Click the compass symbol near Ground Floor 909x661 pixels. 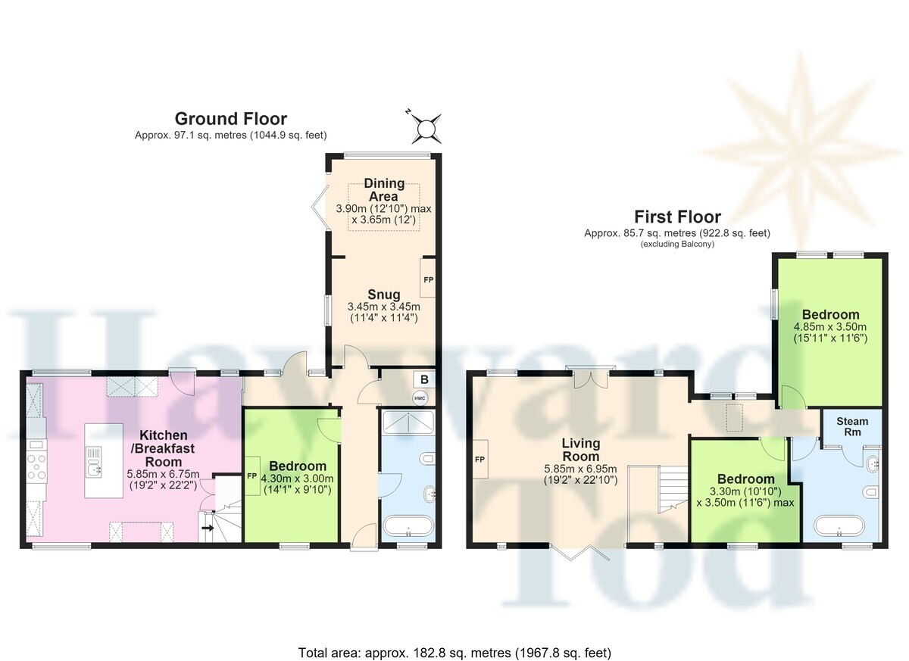[x=426, y=129]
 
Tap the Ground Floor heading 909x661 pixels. [x=231, y=119]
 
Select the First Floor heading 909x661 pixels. [x=677, y=217]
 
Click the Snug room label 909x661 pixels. [x=383, y=295]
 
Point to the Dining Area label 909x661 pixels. [x=384, y=190]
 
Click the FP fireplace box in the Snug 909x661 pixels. [x=428, y=278]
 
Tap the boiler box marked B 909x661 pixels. [x=424, y=379]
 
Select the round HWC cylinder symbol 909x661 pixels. [x=420, y=398]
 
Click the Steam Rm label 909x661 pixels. [x=852, y=426]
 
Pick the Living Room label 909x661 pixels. [x=581, y=450]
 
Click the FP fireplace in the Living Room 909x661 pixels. [x=480, y=460]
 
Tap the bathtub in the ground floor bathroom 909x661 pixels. [x=408, y=526]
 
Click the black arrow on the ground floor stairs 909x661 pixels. [x=208, y=528]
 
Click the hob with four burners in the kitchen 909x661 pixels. [x=37, y=466]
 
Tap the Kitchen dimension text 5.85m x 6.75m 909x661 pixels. [x=163, y=474]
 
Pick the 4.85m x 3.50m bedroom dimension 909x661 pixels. [x=830, y=326]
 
